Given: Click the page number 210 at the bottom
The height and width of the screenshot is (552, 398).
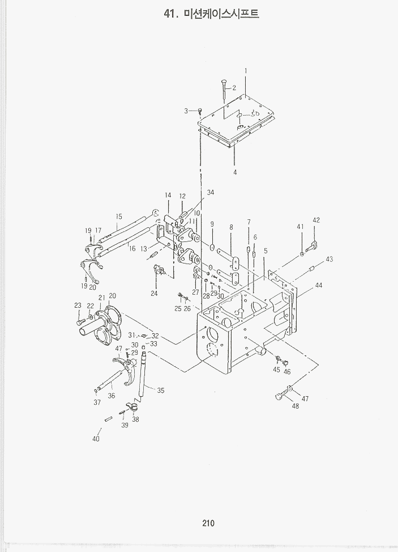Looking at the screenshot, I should click(x=208, y=523).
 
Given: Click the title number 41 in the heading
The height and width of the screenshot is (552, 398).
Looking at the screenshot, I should click(x=169, y=14).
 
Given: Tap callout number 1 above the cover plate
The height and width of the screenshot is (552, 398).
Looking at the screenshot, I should click(x=246, y=71).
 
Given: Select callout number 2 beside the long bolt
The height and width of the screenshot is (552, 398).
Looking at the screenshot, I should click(x=234, y=87).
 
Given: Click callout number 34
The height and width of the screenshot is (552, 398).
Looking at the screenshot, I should click(x=211, y=193).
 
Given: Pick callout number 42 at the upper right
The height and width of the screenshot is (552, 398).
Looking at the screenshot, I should click(x=316, y=220).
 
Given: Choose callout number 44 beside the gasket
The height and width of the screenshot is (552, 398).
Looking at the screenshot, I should click(x=319, y=285).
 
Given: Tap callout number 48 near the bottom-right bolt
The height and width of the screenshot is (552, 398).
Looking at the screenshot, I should click(x=295, y=406).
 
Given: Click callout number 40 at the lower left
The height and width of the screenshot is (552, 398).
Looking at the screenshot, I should click(x=96, y=439).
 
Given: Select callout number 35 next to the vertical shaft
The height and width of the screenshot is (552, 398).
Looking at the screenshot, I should click(x=161, y=390).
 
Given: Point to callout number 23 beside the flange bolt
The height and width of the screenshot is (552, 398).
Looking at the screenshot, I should click(x=78, y=305).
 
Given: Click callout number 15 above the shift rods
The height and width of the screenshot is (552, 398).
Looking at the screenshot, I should click(x=119, y=216).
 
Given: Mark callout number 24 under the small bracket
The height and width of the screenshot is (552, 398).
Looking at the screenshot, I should click(x=154, y=293).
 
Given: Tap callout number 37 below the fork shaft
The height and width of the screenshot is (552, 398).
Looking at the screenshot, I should click(x=97, y=402).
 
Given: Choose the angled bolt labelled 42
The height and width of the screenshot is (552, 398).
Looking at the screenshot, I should click(x=311, y=246).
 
